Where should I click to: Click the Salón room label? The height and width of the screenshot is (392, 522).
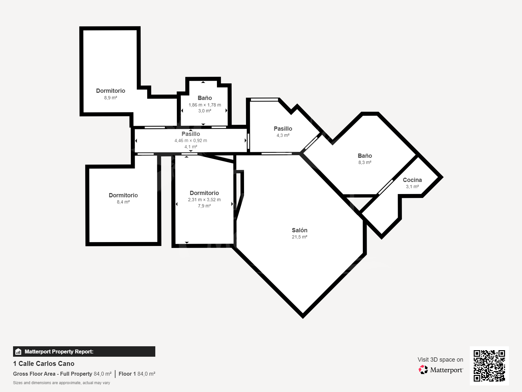[299, 230]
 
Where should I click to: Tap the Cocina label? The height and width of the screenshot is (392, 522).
[412, 180]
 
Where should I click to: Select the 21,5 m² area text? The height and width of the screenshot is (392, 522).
[299, 237]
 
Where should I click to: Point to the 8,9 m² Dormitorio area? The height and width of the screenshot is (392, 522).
[111, 98]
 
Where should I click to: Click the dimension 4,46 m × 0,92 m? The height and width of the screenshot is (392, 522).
[191, 140]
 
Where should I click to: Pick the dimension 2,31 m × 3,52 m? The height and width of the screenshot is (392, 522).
[204, 200]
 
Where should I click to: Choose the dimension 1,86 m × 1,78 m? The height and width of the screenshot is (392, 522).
[205, 105]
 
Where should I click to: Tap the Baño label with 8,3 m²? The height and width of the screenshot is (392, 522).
[365, 156]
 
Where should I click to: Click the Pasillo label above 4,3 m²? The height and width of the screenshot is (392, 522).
[283, 128]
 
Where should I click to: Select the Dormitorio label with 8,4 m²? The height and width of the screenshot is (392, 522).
[123, 195]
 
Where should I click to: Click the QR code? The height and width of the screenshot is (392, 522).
[489, 366]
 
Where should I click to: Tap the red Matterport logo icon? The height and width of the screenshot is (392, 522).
[423, 370]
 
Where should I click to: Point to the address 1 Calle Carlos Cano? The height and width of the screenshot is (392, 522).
[44, 364]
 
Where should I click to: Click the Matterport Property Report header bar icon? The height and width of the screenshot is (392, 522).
[18, 351]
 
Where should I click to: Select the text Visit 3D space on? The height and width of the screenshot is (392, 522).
[440, 360]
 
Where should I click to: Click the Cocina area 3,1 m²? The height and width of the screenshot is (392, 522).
[412, 187]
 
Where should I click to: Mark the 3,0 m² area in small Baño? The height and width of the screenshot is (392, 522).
[205, 111]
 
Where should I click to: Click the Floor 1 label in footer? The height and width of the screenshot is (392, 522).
[127, 374]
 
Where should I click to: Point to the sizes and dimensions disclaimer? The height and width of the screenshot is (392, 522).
[62, 383]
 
